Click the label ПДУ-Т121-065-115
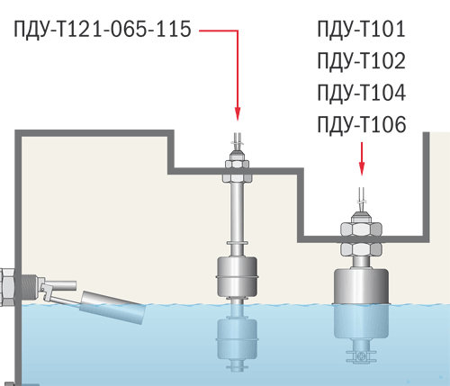click(x=103, y=29)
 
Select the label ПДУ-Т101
click(x=361, y=29)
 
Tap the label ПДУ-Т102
click(x=361, y=61)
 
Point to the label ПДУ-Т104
click(x=362, y=93)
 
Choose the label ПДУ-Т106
click(x=362, y=124)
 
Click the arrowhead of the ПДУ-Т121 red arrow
click(x=238, y=113)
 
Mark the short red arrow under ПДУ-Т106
click(x=362, y=159)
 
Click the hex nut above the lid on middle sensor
click(x=237, y=164)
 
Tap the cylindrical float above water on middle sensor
click(x=237, y=276)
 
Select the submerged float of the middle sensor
click(x=237, y=338)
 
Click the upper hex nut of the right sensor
click(x=361, y=229)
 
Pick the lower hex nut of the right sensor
click(x=361, y=249)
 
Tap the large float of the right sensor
click(x=361, y=303)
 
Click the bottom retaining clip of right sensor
click(x=361, y=356)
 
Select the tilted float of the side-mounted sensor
click(x=112, y=308)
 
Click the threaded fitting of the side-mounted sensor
click(x=30, y=287)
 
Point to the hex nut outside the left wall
click(x=7, y=287)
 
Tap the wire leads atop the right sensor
click(x=362, y=200)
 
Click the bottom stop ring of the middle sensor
click(x=237, y=367)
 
